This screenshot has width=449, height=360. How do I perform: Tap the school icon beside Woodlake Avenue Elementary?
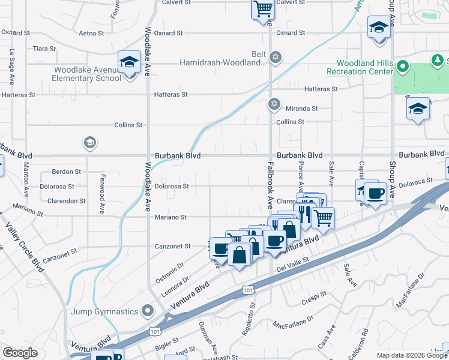tap(129, 62)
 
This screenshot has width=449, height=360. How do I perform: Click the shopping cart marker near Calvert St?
tap(262, 10)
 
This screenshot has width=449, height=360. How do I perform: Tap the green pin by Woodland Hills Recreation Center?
tap(402, 67)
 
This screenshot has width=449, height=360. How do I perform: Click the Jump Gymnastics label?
tap(105, 311)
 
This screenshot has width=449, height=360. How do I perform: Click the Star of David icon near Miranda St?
tap(274, 104)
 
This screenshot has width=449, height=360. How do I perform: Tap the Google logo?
tap(20, 353)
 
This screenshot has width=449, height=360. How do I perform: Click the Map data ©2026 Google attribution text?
tap(411, 355)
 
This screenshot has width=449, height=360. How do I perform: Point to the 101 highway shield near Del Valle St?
tap(248, 290)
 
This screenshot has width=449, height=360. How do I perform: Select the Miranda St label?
tap(301, 109)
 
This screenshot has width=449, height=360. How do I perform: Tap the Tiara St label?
tap(44, 48)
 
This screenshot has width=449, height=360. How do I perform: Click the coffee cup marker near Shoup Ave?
tap(375, 194)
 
